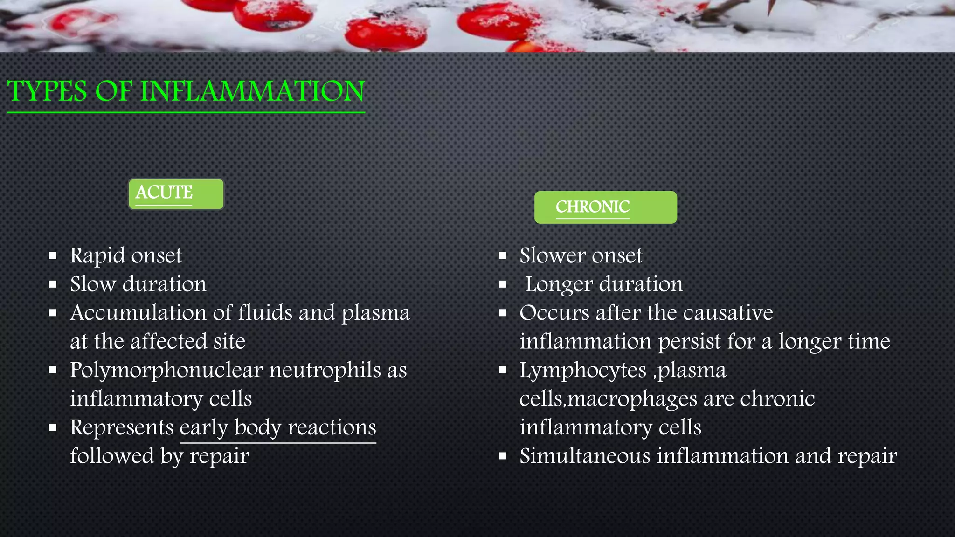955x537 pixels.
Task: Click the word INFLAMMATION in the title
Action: (x=252, y=91)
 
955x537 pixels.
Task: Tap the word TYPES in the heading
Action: (x=47, y=91)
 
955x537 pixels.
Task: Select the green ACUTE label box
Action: (x=176, y=194)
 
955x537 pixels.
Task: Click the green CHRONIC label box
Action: (x=605, y=207)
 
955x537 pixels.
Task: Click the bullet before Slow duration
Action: (x=53, y=284)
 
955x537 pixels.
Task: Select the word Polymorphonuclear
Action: (x=166, y=371)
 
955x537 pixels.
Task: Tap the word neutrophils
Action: (x=325, y=371)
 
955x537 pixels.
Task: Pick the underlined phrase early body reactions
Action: (x=278, y=428)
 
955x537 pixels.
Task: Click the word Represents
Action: (x=122, y=428)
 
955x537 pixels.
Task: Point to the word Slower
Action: (x=553, y=256)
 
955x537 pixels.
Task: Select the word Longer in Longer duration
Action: (x=559, y=284)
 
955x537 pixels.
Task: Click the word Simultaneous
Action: (x=585, y=456)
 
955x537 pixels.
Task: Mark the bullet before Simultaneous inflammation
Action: (x=502, y=456)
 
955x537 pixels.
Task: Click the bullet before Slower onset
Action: (x=502, y=255)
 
